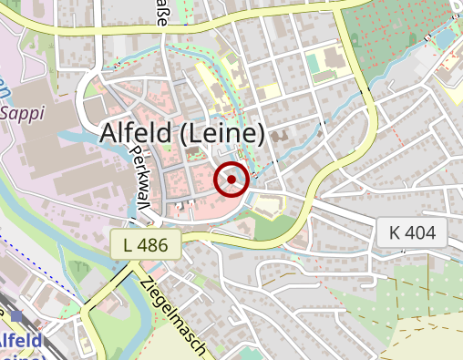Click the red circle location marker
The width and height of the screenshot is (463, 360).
[231, 180]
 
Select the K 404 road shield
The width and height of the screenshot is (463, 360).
[413, 232]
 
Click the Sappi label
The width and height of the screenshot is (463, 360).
[21, 113]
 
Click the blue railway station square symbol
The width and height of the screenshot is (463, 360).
[17, 316]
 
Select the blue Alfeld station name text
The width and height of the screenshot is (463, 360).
[20, 342]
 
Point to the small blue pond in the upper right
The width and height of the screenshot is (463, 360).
[444, 39]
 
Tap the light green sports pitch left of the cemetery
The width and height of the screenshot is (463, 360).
[318, 64]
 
